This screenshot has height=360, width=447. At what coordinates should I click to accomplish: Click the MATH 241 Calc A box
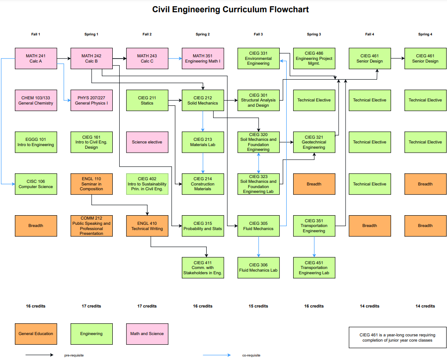point(35,59)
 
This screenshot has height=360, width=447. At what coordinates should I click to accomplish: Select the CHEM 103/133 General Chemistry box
point(35,101)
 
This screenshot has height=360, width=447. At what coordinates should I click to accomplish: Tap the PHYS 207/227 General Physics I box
point(91,101)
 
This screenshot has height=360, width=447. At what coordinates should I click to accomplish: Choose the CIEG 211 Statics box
point(147,101)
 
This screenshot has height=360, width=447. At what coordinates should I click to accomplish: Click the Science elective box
point(147,142)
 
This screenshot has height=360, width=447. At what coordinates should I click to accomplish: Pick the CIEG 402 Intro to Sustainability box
point(147,184)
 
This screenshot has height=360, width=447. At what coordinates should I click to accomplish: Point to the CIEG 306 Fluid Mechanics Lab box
point(258,268)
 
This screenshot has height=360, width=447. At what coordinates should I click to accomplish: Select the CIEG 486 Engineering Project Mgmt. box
point(314,59)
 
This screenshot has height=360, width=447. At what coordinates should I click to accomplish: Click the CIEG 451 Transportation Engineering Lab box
point(314,268)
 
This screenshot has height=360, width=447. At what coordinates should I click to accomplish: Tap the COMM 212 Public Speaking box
point(91,226)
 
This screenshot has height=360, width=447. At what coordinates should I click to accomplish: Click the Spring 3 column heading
point(314,34)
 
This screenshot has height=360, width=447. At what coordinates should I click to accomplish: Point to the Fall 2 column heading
point(147,34)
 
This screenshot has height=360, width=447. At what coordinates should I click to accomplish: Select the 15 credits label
point(258,306)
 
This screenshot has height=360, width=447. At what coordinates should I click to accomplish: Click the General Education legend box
point(35,334)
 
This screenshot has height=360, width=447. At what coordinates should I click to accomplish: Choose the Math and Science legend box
point(147,334)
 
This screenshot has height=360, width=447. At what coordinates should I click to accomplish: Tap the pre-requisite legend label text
point(74,355)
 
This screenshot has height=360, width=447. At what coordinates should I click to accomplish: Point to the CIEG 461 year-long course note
point(397,338)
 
